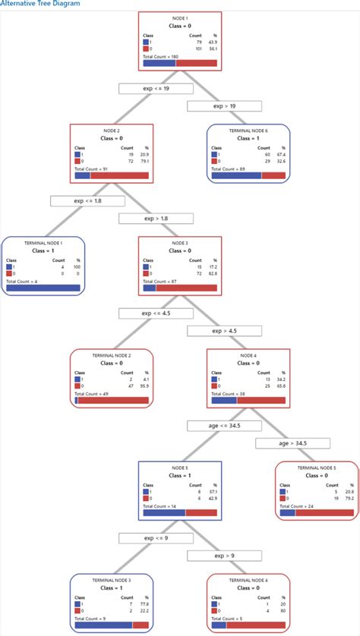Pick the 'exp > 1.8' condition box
click(x=155, y=218)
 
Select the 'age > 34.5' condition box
click(x=292, y=443)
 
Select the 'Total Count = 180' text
click(x=162, y=56)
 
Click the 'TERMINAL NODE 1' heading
click(x=43, y=242)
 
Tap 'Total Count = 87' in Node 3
click(x=159, y=281)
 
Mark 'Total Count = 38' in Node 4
click(x=227, y=393)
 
